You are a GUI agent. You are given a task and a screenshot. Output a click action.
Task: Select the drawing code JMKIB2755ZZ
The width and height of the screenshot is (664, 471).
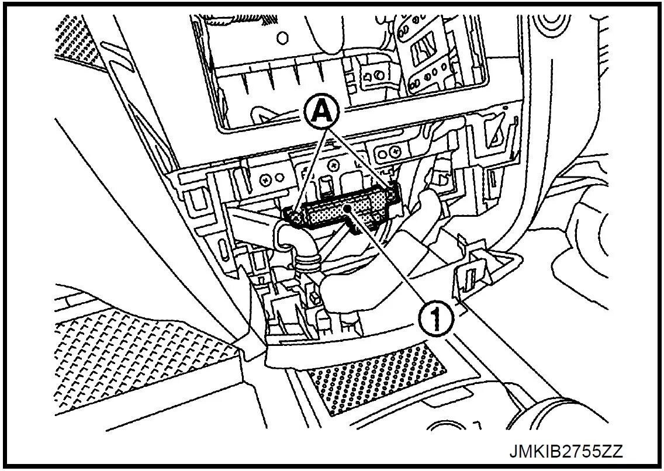(x=566, y=452)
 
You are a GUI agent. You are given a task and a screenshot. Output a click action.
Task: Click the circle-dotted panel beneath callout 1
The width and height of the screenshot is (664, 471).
(x=374, y=380)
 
